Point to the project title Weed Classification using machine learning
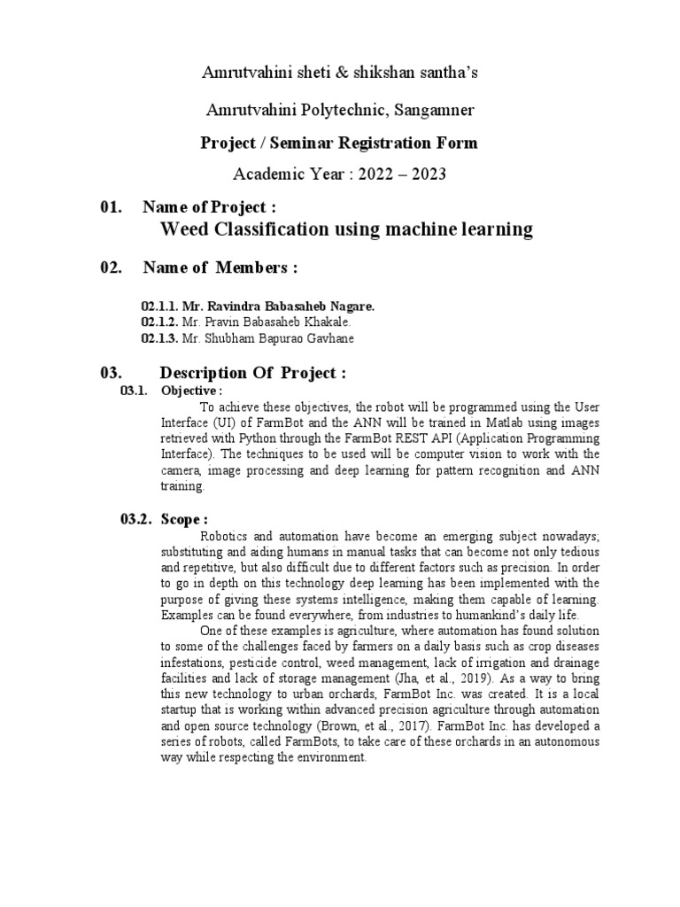[345, 230]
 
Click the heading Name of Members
[219, 268]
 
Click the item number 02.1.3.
[159, 337]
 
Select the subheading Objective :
[191, 391]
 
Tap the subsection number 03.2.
[136, 519]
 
